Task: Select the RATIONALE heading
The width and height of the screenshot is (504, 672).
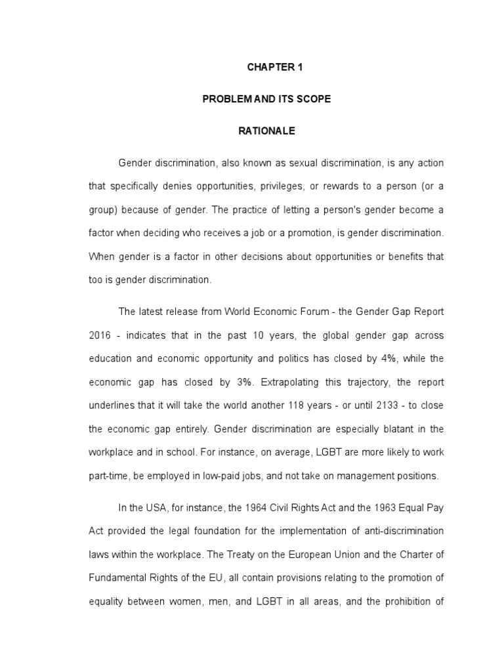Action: pyautogui.click(x=266, y=131)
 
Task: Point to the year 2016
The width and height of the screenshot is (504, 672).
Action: pyautogui.click(x=99, y=335)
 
